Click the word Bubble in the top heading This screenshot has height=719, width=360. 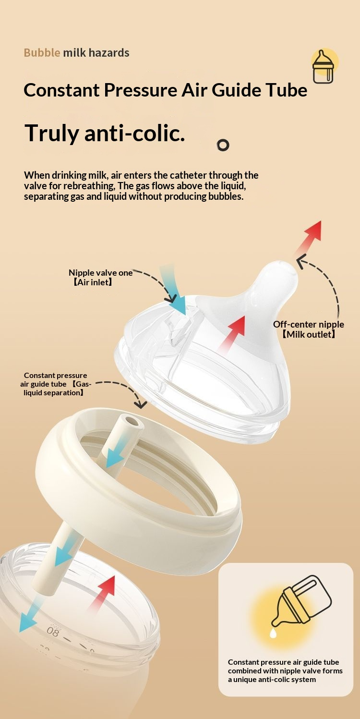(42, 53)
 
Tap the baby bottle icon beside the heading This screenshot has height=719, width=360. (324, 66)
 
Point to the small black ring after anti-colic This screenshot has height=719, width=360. (223, 145)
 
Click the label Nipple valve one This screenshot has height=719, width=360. (100, 273)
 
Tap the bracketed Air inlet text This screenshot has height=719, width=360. (93, 282)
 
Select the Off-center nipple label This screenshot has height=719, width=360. (308, 324)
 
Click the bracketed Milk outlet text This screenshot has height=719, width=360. (309, 334)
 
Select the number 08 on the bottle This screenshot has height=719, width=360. (53, 632)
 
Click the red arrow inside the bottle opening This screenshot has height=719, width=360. (103, 593)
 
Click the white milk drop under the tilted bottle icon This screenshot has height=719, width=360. (273, 633)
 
